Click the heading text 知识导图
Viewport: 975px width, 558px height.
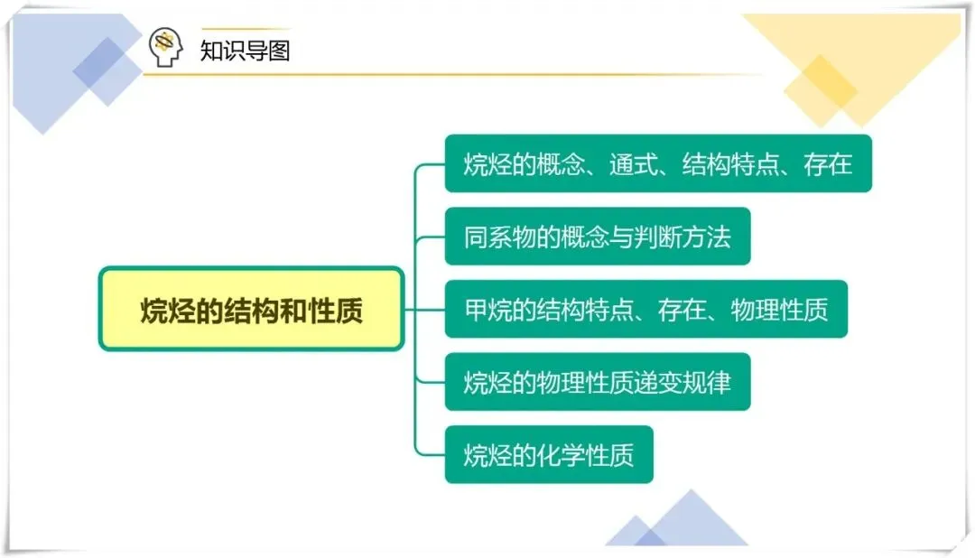(x=245, y=50)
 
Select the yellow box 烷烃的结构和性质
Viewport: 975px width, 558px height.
(x=251, y=310)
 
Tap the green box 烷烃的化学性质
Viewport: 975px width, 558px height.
(x=548, y=454)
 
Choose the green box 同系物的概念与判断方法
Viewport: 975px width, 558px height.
(x=597, y=237)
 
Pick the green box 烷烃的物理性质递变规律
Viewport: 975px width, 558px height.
(x=597, y=382)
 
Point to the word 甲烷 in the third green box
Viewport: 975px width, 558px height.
(x=488, y=310)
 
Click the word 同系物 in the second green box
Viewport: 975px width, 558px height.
(x=500, y=237)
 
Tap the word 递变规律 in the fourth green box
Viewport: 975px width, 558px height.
(x=682, y=382)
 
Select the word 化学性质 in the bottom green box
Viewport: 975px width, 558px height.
(x=585, y=454)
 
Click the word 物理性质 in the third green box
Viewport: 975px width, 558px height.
(x=779, y=310)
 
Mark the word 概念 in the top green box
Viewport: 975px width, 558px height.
(x=561, y=164)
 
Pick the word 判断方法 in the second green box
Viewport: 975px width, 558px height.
(x=682, y=237)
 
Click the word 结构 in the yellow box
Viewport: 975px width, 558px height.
(x=251, y=310)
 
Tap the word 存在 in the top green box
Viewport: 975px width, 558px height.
(x=829, y=164)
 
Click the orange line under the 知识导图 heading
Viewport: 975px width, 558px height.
(x=451, y=75)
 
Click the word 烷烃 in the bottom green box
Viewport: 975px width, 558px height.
(x=488, y=454)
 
